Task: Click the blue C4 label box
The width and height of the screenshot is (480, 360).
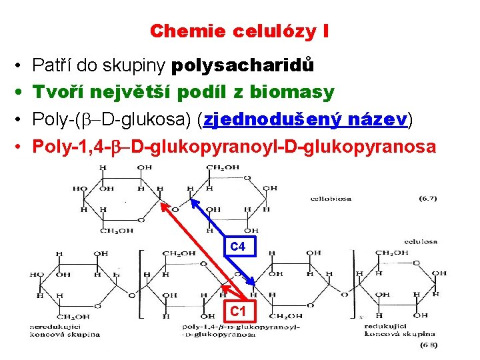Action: click(x=238, y=247)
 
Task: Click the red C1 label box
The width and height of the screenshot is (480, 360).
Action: click(x=238, y=311)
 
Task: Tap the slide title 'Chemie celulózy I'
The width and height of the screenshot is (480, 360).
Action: click(x=239, y=31)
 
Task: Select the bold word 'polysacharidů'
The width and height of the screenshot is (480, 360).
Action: click(x=243, y=66)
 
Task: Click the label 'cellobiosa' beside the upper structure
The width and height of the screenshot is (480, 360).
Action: click(x=331, y=198)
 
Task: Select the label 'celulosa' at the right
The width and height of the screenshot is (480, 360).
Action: click(x=422, y=241)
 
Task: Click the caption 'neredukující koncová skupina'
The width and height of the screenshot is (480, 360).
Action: click(x=63, y=330)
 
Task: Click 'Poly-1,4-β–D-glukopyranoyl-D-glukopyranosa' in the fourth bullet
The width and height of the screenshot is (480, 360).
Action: click(x=234, y=146)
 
